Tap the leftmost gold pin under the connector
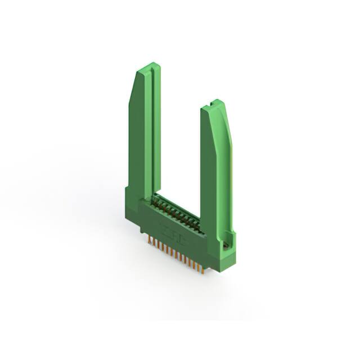click(150, 240)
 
